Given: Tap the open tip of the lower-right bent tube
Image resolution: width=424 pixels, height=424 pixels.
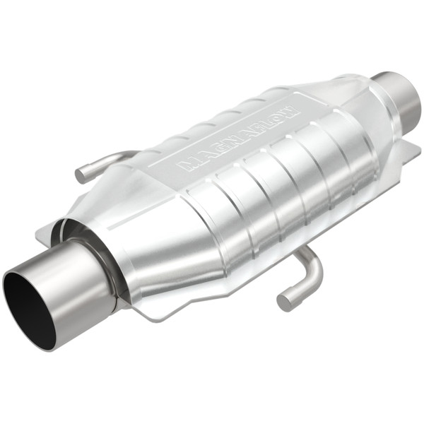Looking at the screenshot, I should pos(284,302).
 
